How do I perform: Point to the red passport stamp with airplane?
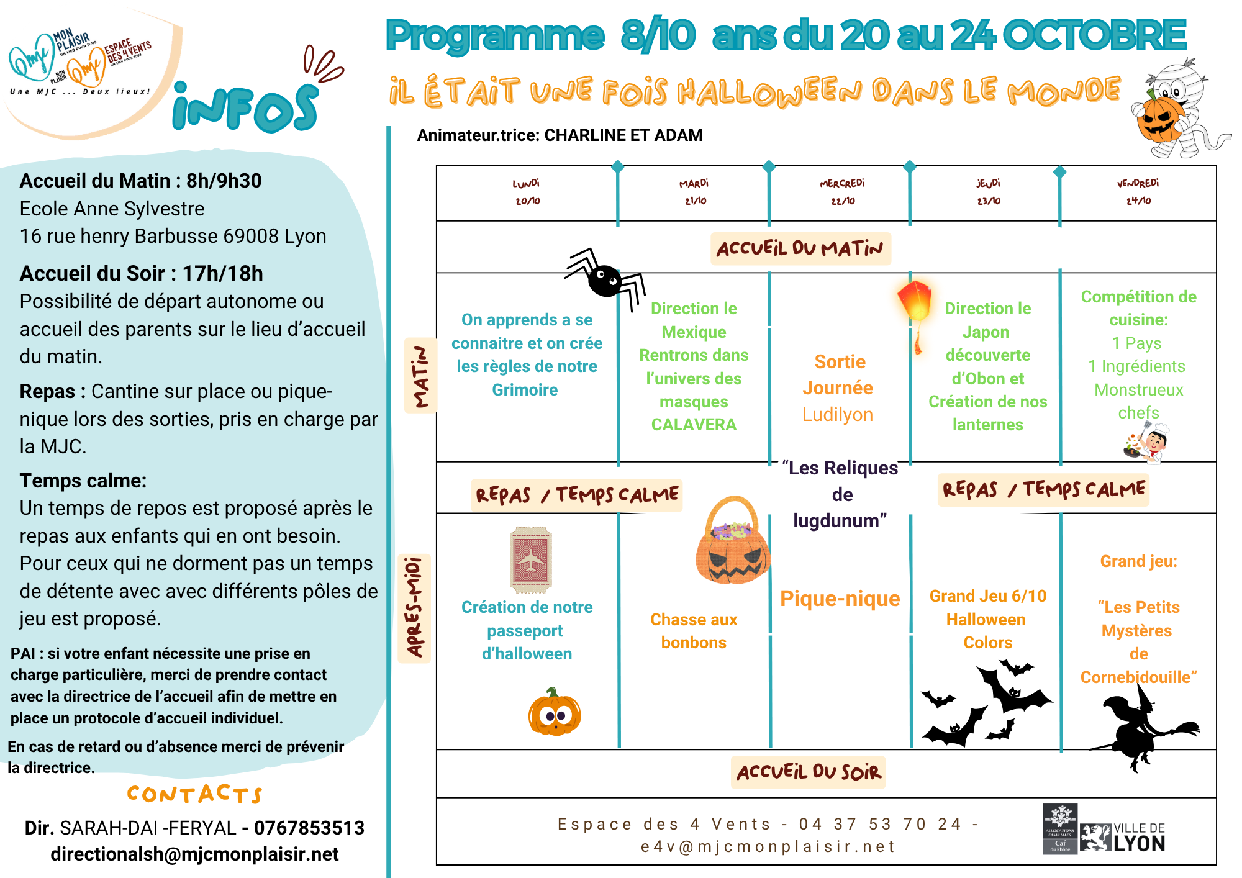(530, 559)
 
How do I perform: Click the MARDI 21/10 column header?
(694, 192)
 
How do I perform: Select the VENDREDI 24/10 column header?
(1138, 192)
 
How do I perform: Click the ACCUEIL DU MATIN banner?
(800, 249)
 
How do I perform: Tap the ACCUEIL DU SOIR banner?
(809, 772)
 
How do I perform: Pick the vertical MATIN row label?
(421, 376)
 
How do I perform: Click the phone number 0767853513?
(309, 828)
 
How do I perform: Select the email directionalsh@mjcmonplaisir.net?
(194, 854)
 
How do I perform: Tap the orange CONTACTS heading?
(194, 794)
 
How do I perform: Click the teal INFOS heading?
(245, 109)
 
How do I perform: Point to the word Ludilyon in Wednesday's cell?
(837, 414)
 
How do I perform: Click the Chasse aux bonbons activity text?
(694, 631)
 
